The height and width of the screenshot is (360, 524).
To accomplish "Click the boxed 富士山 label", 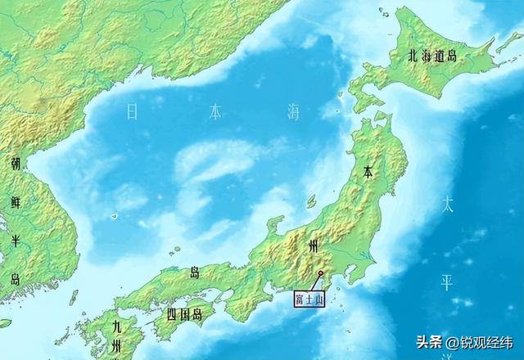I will (x=310, y=300).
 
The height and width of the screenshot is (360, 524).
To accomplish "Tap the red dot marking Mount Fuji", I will (x=320, y=273).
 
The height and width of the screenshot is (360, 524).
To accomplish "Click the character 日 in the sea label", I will (x=132, y=112).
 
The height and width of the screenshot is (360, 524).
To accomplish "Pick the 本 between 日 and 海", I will (x=215, y=112).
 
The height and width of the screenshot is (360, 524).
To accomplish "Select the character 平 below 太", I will (x=447, y=283).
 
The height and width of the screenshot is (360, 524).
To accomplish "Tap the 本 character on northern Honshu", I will (x=369, y=173).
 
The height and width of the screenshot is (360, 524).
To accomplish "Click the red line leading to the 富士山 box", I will (x=315, y=282).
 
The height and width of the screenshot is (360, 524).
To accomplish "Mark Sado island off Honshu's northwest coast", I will (x=311, y=200).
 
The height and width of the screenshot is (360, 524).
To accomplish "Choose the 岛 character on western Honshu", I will (x=194, y=272).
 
